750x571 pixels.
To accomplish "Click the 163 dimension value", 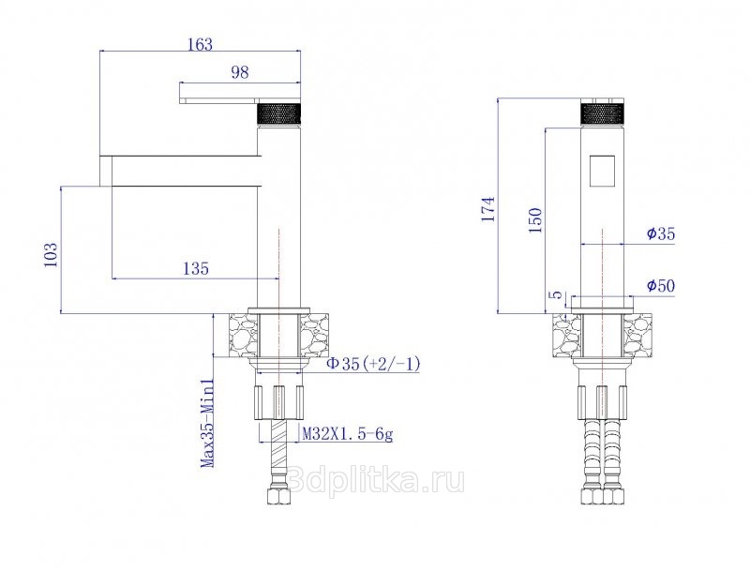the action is point(200,44).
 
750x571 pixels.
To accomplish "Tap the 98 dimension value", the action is point(240,72).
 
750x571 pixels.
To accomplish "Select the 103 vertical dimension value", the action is point(51,255).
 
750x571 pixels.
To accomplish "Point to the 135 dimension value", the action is point(196,268).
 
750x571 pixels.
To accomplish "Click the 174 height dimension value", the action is point(488,208).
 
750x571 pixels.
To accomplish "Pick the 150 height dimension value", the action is point(534,219).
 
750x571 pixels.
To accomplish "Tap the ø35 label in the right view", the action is point(660,233).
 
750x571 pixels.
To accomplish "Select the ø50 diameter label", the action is point(660,286).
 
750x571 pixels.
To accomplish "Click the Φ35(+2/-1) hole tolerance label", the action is point(373,364).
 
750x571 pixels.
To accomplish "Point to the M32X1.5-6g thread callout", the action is point(348,434).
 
